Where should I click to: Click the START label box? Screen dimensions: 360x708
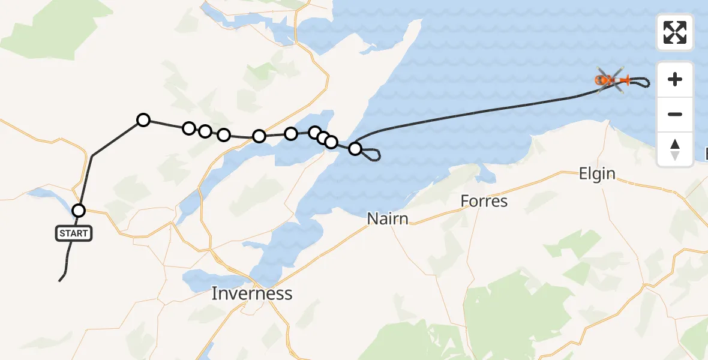tap(74, 233)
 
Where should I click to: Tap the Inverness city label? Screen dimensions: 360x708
tap(252, 293)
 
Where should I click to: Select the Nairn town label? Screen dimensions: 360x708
tap(388, 219)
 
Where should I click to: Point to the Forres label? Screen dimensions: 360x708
tap(484, 201)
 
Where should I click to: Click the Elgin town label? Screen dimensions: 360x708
tap(597, 174)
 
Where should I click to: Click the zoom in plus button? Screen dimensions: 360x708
tap(675, 79)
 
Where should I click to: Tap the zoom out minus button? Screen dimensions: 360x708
tap(675, 114)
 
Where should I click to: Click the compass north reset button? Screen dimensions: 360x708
tap(675, 149)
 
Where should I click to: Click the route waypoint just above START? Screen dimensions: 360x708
tap(79, 210)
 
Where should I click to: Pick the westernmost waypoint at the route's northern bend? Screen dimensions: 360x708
tap(143, 120)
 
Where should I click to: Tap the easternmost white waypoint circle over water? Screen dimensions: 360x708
tap(355, 148)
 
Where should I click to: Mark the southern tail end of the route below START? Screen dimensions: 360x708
tap(60, 280)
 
